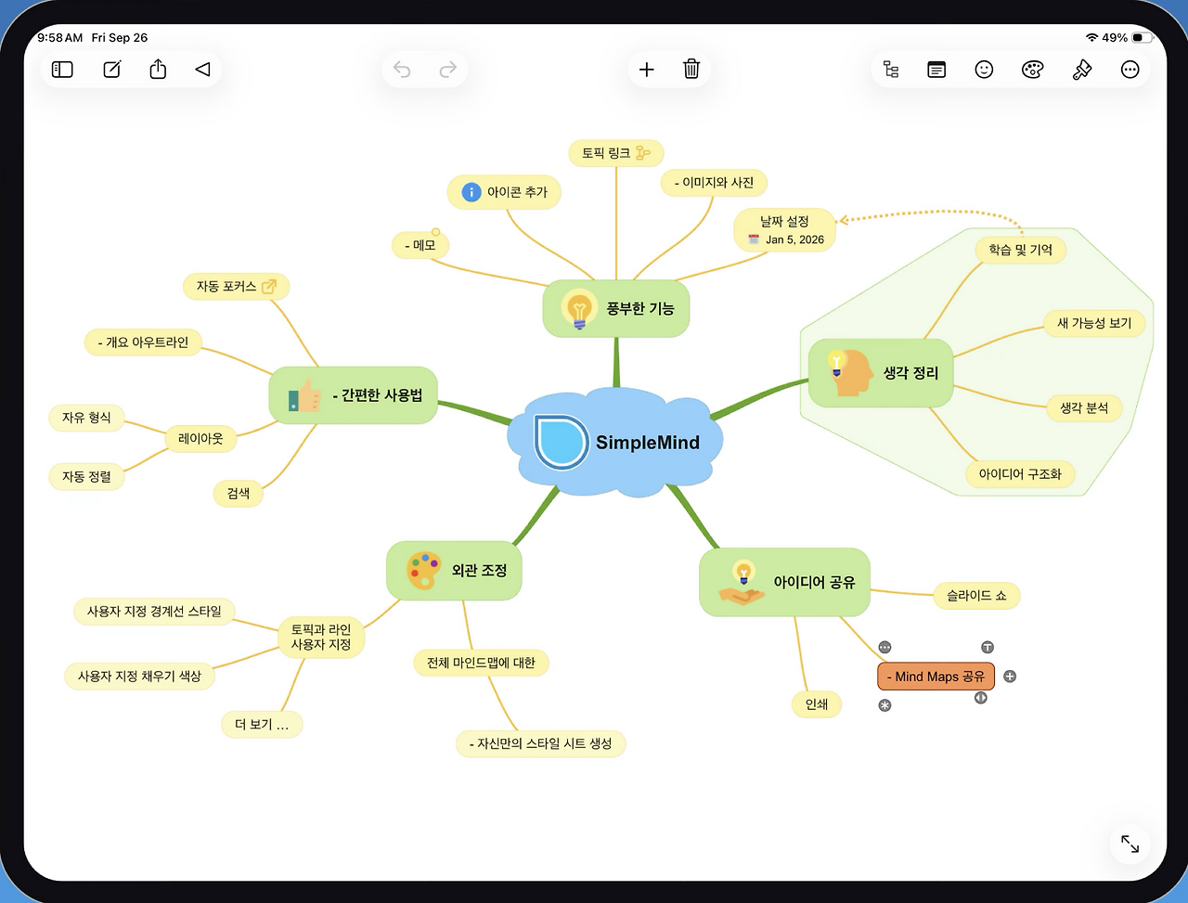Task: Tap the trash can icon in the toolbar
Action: point(691,70)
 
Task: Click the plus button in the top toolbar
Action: point(646,70)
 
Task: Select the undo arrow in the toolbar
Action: point(402,70)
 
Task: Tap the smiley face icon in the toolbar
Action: point(984,70)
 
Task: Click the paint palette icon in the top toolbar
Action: point(1032,70)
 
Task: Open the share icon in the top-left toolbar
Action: point(158,69)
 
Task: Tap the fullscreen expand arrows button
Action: point(1130,844)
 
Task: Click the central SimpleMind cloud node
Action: point(614,442)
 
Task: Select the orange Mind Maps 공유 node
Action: point(936,677)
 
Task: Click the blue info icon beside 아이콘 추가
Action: point(471,192)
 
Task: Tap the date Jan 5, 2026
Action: point(794,239)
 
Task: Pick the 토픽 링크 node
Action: point(616,153)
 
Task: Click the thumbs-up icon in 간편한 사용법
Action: point(304,395)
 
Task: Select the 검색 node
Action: point(239,494)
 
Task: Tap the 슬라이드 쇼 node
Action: point(976,596)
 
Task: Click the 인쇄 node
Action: point(816,704)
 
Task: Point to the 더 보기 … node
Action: point(262,725)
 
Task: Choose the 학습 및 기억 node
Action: point(1020,250)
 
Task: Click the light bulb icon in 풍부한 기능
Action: point(579,309)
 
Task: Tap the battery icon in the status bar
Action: point(1142,37)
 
